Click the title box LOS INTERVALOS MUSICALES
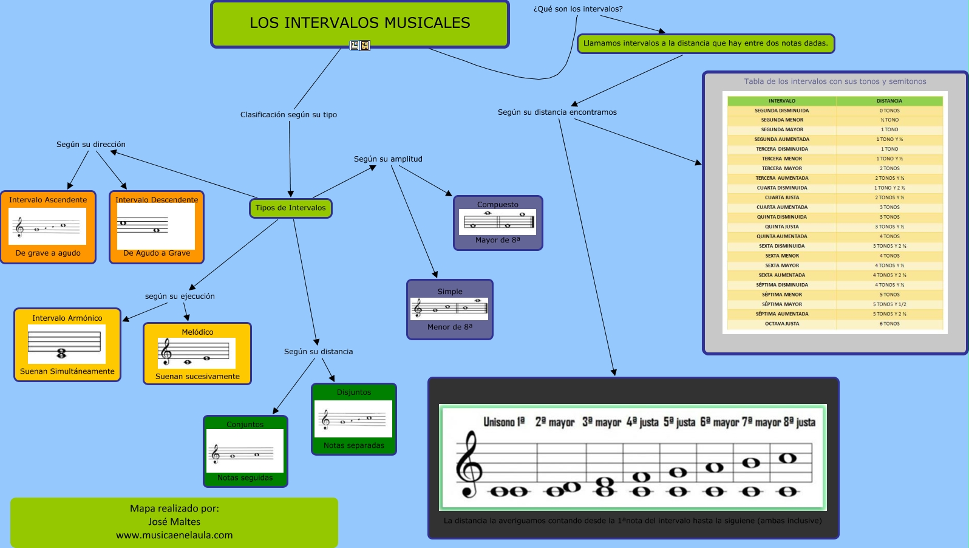click(x=359, y=23)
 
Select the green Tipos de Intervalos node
click(x=290, y=208)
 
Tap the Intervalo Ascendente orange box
click(x=48, y=227)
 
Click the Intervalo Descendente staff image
click(x=155, y=226)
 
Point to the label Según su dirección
click(x=91, y=145)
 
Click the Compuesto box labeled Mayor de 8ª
click(x=497, y=222)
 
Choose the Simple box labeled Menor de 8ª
click(x=449, y=309)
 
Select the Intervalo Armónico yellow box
click(x=67, y=344)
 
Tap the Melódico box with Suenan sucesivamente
click(x=197, y=354)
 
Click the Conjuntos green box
click(x=245, y=451)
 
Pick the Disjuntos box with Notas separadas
click(x=353, y=419)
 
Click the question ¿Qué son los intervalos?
click(x=578, y=9)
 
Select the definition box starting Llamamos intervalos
click(x=705, y=44)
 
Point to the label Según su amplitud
click(x=388, y=159)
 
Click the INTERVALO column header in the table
click(x=781, y=101)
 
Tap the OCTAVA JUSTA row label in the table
click(x=781, y=324)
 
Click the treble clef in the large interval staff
click(x=469, y=465)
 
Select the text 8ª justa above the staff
click(x=799, y=422)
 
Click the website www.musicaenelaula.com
click(x=174, y=535)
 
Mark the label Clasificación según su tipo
click(x=288, y=115)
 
